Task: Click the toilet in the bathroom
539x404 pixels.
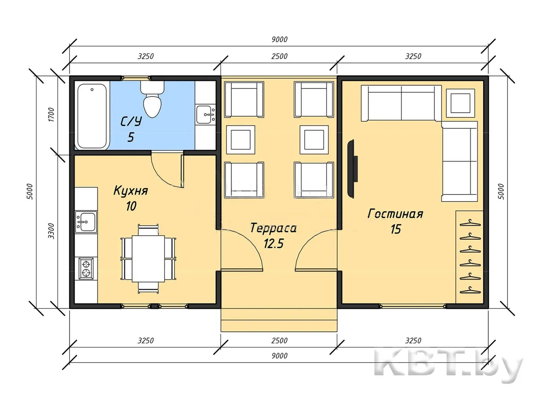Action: click(x=152, y=99)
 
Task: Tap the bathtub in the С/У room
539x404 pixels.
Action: click(x=92, y=115)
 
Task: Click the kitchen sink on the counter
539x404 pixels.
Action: click(x=86, y=222)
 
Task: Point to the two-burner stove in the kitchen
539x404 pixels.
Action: click(x=86, y=268)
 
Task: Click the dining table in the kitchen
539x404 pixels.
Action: click(x=148, y=259)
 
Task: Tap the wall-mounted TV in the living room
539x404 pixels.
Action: click(x=352, y=169)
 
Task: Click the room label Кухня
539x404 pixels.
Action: click(x=131, y=191)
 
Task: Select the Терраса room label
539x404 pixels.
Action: click(x=273, y=228)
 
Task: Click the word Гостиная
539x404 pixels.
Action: click(x=395, y=214)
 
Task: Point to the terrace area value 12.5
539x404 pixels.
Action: click(x=274, y=244)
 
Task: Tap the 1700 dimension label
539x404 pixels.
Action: click(x=51, y=114)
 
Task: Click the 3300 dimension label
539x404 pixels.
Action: click(x=51, y=231)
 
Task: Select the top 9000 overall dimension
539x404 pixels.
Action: click(x=279, y=39)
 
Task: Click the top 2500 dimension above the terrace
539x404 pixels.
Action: click(x=279, y=56)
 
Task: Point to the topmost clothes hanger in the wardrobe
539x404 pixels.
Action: click(x=470, y=223)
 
